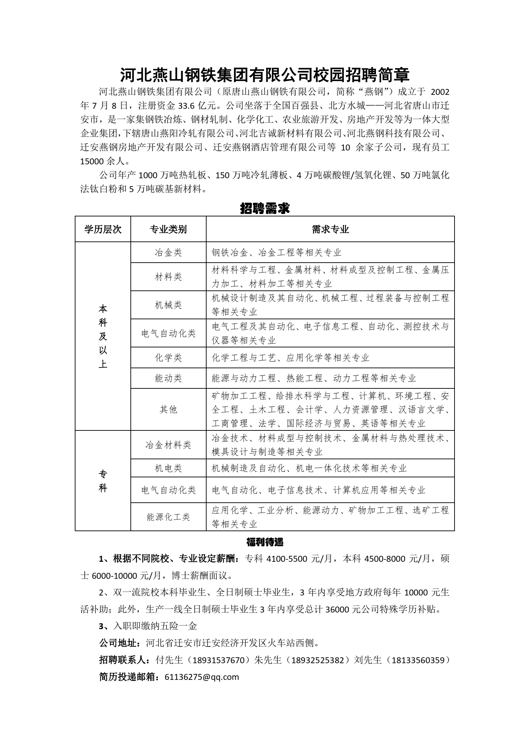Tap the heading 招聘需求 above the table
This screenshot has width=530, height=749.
coord(265,209)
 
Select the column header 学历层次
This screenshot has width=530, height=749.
coord(103,229)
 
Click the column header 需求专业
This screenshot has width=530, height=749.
coord(330,229)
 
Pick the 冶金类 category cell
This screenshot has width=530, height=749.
coord(168,253)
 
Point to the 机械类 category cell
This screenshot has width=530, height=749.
coord(168,305)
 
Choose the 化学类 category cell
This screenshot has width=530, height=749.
coord(168,358)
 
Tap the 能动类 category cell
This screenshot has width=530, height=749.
coord(168,378)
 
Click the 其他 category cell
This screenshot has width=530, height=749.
coord(168,410)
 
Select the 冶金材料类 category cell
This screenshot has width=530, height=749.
coord(168,445)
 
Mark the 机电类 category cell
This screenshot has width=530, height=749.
coord(168,468)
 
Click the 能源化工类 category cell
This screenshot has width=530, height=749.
coord(168,517)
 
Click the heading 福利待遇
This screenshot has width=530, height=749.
coord(265,542)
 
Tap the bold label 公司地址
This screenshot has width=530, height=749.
coord(118,643)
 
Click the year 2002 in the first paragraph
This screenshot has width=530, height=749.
coord(440,92)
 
